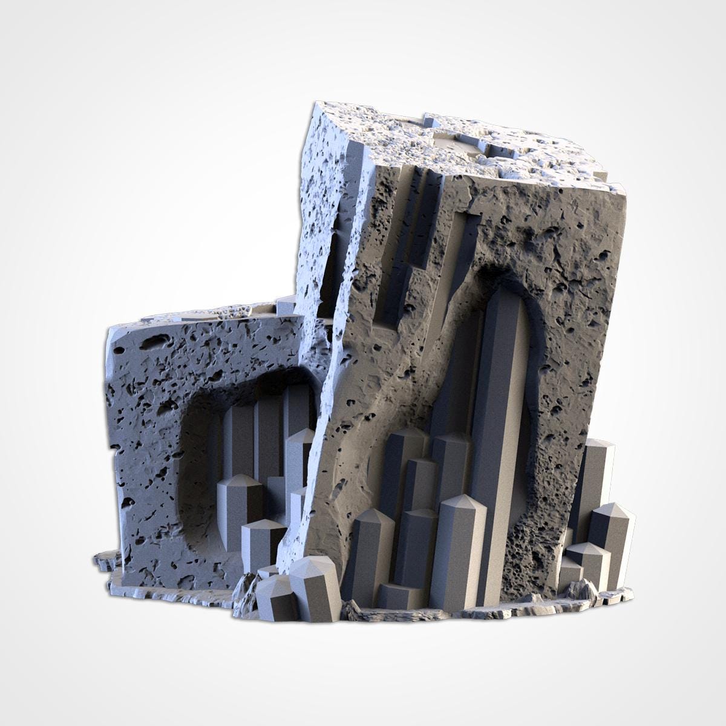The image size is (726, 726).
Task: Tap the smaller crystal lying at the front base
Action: pos(272,596)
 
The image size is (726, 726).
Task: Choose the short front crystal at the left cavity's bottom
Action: pos(261,541)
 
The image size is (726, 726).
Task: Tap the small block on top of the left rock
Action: pos(284,306)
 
